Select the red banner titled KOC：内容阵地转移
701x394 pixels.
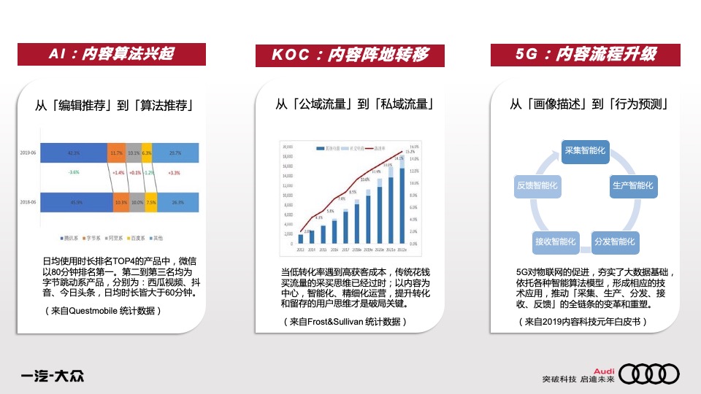click(350, 55)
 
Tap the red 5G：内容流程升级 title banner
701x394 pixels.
click(586, 54)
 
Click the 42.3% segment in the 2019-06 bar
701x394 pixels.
click(74, 153)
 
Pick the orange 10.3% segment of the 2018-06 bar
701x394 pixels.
click(120, 202)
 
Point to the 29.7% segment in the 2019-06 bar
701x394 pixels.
click(175, 153)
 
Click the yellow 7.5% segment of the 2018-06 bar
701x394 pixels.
click(150, 202)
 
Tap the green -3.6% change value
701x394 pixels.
click(73, 172)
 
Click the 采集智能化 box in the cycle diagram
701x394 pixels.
click(586, 150)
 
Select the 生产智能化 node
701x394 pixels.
click(632, 185)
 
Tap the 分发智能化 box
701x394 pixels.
click(615, 241)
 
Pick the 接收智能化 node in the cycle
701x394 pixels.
click(556, 241)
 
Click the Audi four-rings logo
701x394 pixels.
click(654, 374)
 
